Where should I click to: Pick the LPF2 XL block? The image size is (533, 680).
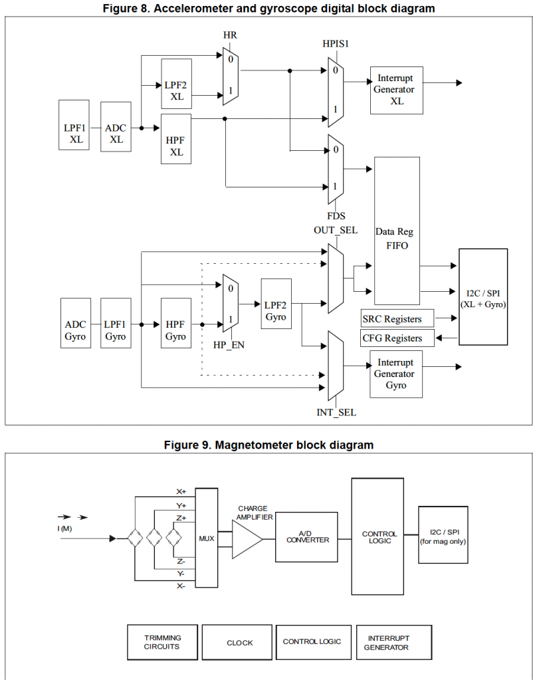pos(176,84)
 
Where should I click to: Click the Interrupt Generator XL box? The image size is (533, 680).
pos(396,90)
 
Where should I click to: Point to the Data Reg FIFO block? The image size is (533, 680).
pos(397,231)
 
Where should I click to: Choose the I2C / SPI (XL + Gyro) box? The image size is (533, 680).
pos(482,296)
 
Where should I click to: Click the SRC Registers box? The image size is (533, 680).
pos(397,318)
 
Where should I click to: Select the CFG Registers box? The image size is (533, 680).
pos(397,338)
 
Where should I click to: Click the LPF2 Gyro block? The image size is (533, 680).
pos(275,310)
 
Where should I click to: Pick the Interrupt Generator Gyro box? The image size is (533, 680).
pos(396,374)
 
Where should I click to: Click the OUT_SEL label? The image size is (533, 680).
pos(336,230)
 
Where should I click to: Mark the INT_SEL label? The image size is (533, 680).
pos(336,412)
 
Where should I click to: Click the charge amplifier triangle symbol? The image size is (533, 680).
pos(247,538)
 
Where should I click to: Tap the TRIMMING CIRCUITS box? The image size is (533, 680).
pos(163,642)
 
